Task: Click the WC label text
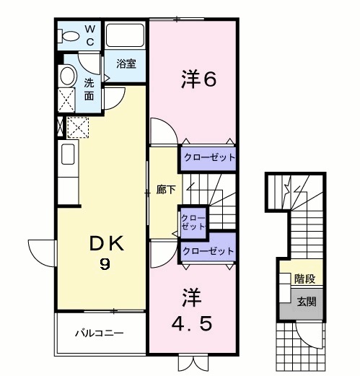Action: click(90, 35)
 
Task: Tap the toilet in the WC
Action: click(70, 35)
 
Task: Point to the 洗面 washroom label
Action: click(88, 89)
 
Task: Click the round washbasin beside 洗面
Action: click(67, 76)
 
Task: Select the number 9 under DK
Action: click(105, 265)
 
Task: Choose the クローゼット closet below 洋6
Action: click(208, 157)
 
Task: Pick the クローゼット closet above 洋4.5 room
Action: click(208, 251)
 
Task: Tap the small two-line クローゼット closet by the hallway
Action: click(193, 222)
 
